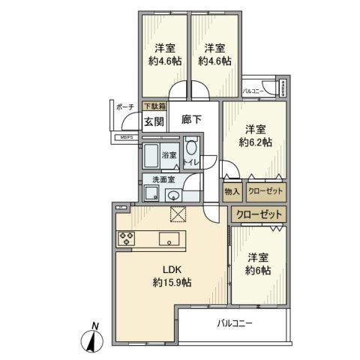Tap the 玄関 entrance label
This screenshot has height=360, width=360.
pyautogui.click(x=154, y=121)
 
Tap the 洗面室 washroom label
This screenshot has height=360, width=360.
pyautogui.click(x=163, y=180)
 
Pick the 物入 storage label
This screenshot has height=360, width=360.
pyautogui.click(x=232, y=192)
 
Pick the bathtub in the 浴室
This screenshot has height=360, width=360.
pyautogui.click(x=153, y=157)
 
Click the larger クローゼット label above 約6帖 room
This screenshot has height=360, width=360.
pyautogui.click(x=259, y=215)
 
